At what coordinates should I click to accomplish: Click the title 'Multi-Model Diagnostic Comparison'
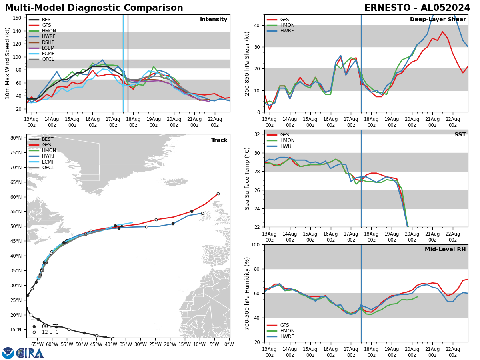(94, 8)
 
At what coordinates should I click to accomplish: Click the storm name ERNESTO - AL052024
(417, 8)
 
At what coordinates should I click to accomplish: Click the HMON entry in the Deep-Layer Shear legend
(287, 25)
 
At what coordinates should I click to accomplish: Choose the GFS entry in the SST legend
(284, 135)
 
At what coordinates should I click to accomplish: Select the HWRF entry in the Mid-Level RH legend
(287, 336)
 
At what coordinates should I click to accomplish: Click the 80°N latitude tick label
(16, 138)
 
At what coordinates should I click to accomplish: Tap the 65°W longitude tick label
(37, 344)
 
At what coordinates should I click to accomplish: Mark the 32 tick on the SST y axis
(258, 134)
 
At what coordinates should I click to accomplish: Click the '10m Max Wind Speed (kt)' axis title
(7, 63)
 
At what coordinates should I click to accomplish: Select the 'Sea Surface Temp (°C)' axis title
(247, 178)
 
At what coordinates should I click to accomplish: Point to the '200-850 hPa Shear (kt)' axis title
(247, 63)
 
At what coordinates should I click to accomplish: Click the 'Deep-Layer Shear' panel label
(438, 20)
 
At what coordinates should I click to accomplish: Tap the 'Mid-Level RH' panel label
(445, 250)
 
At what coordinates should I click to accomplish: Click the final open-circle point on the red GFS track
(218, 194)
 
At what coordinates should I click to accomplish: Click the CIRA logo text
(30, 353)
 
